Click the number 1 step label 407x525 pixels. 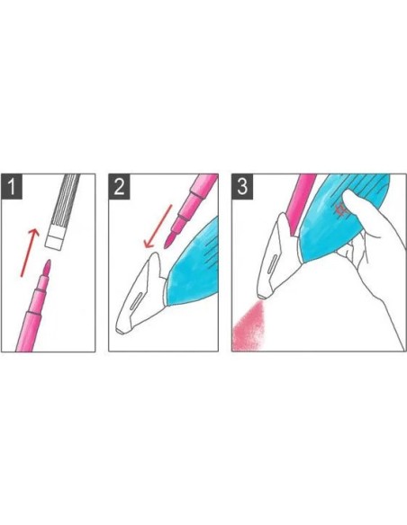[12, 186]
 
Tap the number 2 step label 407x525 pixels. [119, 186]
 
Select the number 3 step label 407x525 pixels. [242, 186]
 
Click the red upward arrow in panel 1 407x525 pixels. [30, 253]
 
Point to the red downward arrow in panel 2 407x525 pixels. [158, 227]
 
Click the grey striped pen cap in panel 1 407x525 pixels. [65, 211]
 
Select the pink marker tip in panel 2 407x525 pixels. [169, 240]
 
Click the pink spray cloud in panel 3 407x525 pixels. [249, 326]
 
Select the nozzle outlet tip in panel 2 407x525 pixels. [120, 331]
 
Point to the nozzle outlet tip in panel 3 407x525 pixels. [262, 297]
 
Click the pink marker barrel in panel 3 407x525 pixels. [301, 204]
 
